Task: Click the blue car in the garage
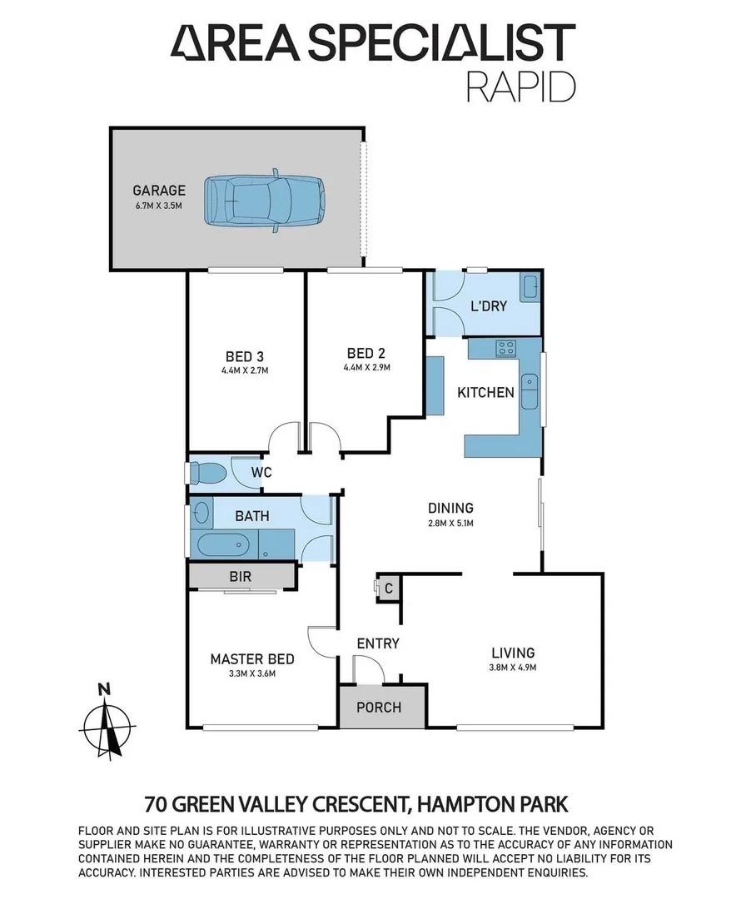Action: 266,200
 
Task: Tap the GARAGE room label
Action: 159,190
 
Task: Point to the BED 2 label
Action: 366,352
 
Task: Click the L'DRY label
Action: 489,305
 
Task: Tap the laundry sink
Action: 530,288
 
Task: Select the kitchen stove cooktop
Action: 505,348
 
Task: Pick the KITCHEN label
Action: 485,392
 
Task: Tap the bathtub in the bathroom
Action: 222,545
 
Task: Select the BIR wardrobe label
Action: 240,576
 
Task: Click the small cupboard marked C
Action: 387,588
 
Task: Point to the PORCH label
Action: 379,708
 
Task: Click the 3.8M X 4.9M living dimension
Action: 512,668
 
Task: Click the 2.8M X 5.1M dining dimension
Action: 450,523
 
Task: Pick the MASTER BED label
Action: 251,659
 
